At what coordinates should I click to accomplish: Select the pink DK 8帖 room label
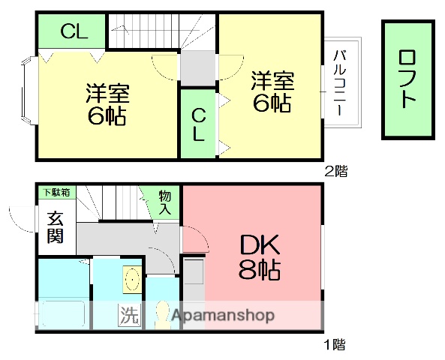[x=259, y=256]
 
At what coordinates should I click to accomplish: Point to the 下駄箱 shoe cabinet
[x=55, y=193]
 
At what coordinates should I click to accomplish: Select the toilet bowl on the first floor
[x=161, y=314]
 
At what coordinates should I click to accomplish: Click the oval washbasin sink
[x=132, y=280]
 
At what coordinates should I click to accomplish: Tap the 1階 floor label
[x=335, y=346]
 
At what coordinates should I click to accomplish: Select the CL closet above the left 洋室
[x=74, y=31]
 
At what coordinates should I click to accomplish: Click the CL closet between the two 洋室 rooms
[x=198, y=124]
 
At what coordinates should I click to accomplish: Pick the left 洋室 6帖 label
[x=107, y=105]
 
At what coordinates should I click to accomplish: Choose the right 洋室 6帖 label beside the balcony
[x=272, y=91]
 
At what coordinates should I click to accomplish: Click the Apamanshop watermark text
[x=223, y=316]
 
